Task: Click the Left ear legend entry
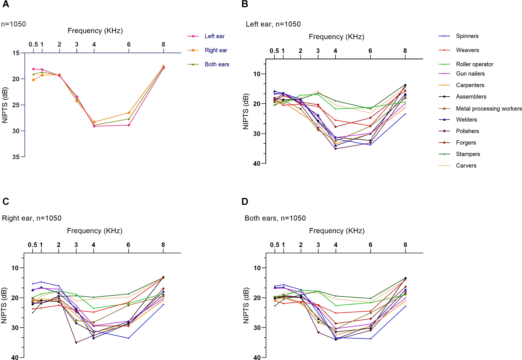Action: [x=214, y=36]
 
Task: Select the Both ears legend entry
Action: [x=217, y=64]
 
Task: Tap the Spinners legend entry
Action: [x=467, y=36]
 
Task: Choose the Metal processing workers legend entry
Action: [x=488, y=108]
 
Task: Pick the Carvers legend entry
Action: [x=466, y=166]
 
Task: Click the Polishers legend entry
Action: [x=467, y=131]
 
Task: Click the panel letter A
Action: [x=6, y=4]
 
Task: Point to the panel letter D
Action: [x=245, y=202]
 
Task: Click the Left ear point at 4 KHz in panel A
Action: [x=94, y=126]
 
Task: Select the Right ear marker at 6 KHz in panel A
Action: [x=129, y=113]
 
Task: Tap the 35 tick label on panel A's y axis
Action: [x=16, y=157]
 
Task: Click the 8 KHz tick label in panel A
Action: [x=163, y=44]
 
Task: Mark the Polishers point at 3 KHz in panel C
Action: [x=76, y=342]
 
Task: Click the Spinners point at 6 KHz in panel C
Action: [x=128, y=338]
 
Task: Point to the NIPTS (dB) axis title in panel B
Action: [x=246, y=111]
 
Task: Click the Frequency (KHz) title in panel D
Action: [x=337, y=231]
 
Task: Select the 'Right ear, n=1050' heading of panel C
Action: [x=32, y=218]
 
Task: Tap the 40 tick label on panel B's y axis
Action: [x=257, y=164]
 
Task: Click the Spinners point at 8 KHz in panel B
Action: [x=405, y=114]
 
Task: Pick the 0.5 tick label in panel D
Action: [x=275, y=245]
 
